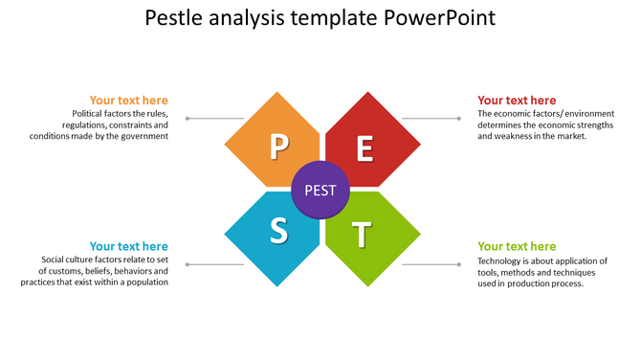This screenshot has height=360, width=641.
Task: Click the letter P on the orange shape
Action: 278,146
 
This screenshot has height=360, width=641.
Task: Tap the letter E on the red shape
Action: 365,148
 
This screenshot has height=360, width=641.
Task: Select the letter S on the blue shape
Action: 278,230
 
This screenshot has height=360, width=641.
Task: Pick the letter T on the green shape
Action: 361,233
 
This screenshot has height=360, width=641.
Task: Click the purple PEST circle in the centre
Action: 320,190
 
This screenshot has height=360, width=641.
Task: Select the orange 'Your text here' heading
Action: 128,101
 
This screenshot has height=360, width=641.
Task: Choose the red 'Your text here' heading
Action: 517,101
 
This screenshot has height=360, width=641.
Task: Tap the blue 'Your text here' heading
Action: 128,246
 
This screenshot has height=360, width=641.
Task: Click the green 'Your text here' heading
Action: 517,246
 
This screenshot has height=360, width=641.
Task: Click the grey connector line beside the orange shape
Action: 215,119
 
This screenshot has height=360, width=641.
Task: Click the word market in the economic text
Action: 567,136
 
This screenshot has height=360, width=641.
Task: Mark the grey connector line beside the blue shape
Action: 215,264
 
